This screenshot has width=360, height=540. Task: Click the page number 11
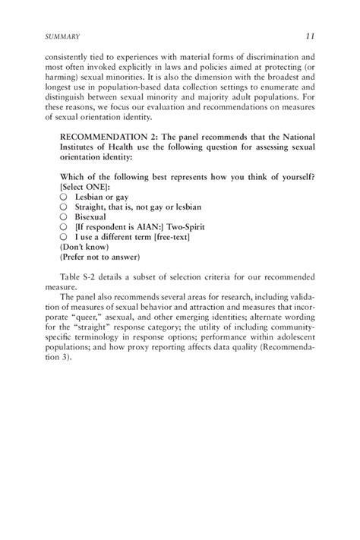tap(310, 36)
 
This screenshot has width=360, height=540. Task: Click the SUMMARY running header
tap(63, 36)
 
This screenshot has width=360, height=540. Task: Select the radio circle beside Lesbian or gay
tap(64, 195)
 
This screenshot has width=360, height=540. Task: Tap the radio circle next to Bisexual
tap(64, 216)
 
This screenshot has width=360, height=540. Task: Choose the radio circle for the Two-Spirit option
tap(64, 226)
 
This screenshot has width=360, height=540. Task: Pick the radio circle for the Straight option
tap(64, 206)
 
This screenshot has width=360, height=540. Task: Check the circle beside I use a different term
tap(64, 237)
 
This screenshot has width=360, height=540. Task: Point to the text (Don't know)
tap(84, 247)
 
